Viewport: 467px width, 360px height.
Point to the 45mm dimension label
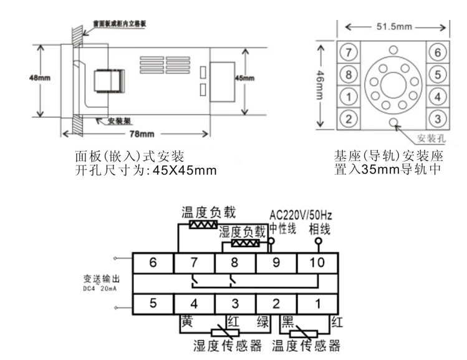[245, 78]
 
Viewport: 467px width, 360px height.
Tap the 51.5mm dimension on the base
[392, 27]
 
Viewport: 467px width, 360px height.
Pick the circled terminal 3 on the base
[438, 118]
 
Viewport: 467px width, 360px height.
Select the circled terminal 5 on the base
[438, 74]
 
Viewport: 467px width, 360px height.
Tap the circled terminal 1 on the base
[349, 96]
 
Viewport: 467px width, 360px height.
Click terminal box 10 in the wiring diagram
[317, 263]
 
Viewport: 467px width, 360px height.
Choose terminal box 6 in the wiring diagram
[153, 263]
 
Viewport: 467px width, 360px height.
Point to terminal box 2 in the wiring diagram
[275, 304]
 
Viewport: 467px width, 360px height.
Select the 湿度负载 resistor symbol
[244, 243]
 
